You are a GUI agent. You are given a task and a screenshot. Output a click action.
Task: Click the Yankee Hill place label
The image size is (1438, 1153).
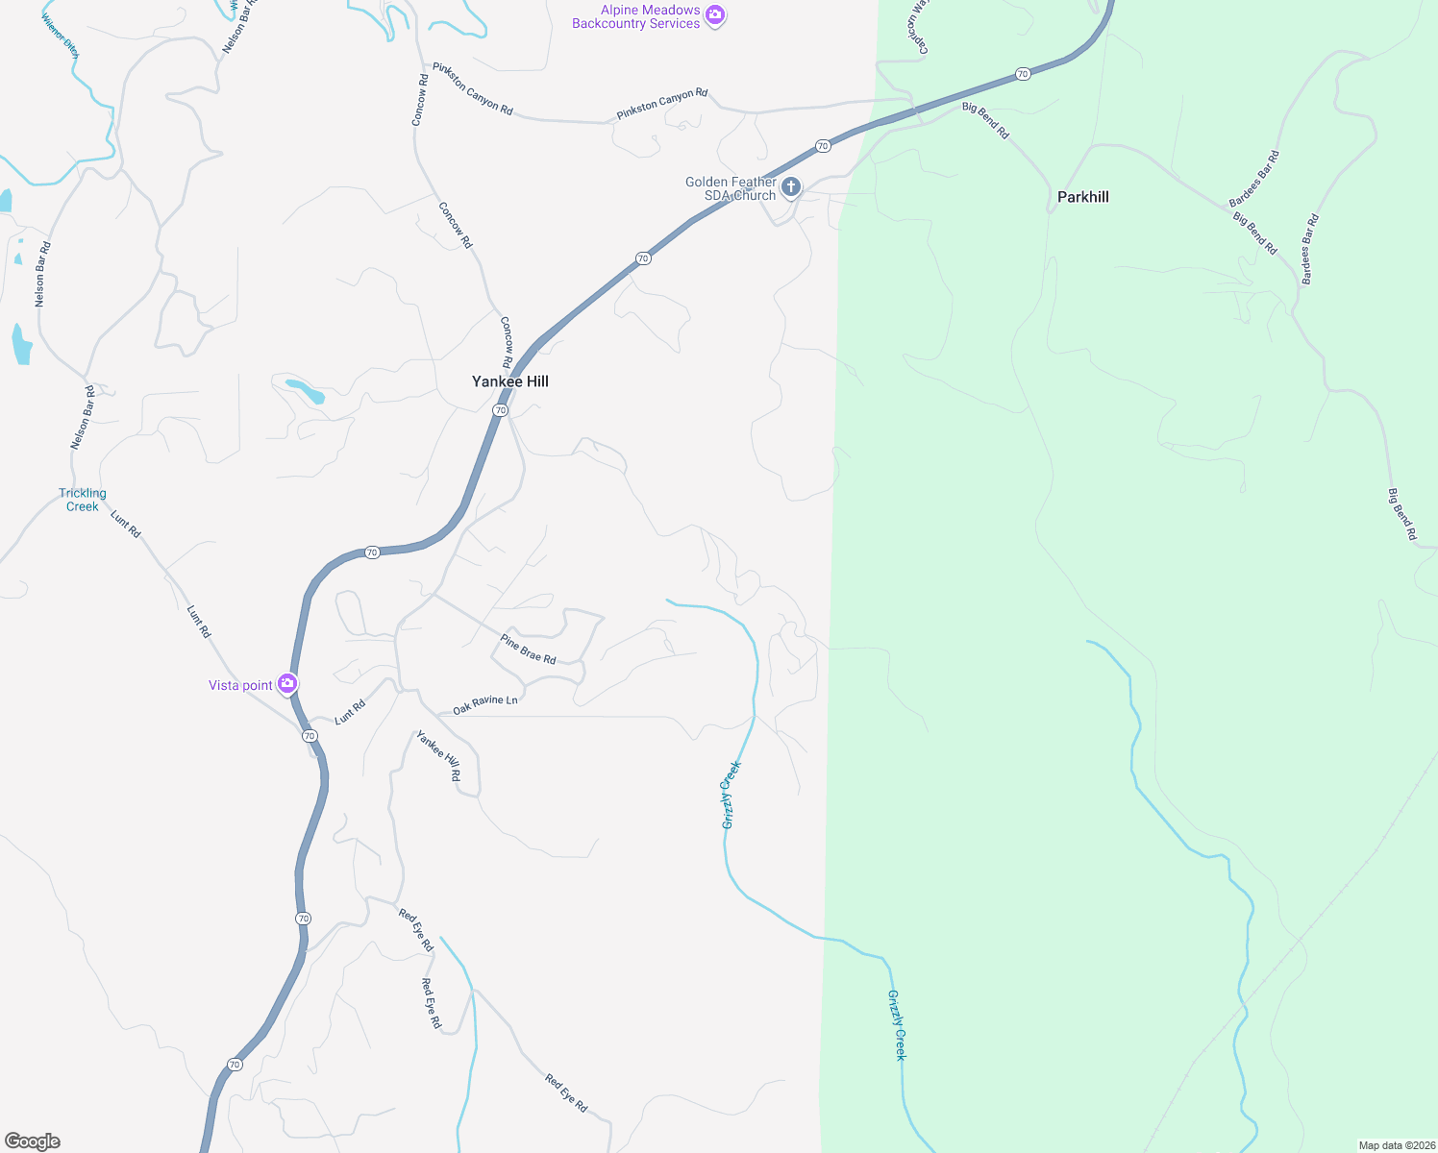510,381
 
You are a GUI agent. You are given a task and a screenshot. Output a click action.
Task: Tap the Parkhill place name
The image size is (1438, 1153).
1083,197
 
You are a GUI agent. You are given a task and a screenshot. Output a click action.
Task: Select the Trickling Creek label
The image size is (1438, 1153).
83,500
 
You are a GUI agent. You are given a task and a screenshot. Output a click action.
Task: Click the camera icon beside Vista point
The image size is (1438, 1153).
287,684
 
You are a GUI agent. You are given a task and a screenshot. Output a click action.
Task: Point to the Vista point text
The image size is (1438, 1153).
240,685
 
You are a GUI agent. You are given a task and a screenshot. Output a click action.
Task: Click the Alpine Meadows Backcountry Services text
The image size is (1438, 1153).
636,17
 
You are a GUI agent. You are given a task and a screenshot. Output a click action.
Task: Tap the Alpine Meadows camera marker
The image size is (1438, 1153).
715,15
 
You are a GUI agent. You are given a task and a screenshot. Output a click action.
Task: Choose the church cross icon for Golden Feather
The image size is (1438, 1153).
791,187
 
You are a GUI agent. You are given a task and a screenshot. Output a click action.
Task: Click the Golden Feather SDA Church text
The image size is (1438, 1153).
731,188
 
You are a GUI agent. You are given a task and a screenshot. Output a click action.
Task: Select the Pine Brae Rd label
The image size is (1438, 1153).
528,650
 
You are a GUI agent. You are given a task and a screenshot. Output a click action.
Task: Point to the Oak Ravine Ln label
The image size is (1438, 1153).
485,704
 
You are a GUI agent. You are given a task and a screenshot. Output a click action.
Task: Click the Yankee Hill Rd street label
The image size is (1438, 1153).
438,756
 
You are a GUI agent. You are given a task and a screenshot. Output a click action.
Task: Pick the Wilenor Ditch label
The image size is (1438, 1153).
60,36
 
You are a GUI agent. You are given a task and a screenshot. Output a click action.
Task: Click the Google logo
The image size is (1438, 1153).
33,1141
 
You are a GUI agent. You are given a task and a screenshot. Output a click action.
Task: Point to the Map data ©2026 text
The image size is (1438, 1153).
1395,1145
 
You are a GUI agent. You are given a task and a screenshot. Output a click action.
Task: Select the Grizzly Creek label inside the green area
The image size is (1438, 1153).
897,1025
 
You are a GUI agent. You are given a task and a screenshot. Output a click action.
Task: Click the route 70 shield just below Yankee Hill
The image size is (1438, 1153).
500,410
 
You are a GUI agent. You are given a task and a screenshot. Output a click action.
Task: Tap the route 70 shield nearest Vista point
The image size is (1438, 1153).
310,736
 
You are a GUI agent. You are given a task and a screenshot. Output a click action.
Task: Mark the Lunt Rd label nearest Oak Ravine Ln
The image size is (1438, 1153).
350,712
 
